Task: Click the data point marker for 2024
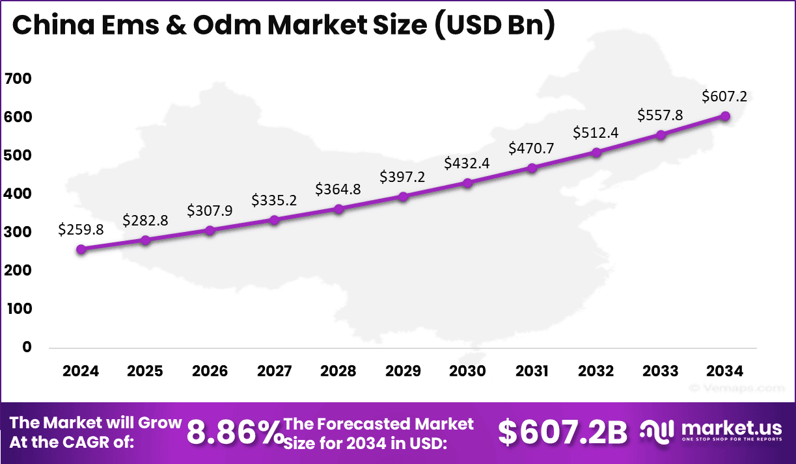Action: point(81,250)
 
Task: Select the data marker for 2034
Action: point(725,116)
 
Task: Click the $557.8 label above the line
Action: point(661,115)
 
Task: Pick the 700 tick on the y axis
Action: point(18,79)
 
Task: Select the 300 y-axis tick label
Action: point(18,232)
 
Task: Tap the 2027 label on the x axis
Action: point(274,372)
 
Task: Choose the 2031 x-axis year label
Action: point(532,372)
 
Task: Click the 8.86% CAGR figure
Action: point(234,433)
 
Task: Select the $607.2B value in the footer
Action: point(563,433)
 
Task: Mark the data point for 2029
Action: point(403,196)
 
